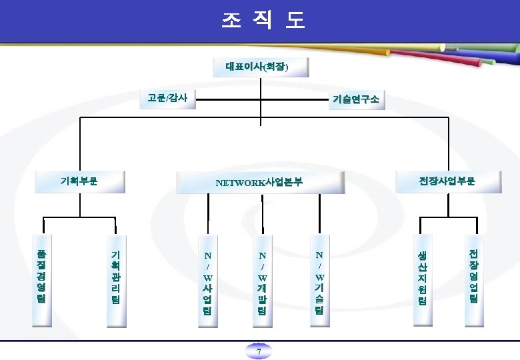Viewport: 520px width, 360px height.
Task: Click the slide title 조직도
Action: click(262, 21)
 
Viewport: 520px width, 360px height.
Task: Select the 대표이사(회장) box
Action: click(257, 67)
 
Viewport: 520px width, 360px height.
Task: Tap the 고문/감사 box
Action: click(167, 98)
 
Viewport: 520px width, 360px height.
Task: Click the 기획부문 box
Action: click(79, 180)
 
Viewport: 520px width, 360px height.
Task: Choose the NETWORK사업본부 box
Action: click(259, 181)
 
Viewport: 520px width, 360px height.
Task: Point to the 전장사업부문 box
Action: click(447, 181)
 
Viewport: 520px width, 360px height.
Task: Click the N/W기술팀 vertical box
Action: click(320, 280)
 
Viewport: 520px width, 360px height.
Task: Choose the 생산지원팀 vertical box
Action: click(421, 279)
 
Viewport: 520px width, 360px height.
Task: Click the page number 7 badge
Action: click(259, 351)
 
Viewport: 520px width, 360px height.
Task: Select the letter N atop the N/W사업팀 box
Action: click(208, 255)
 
